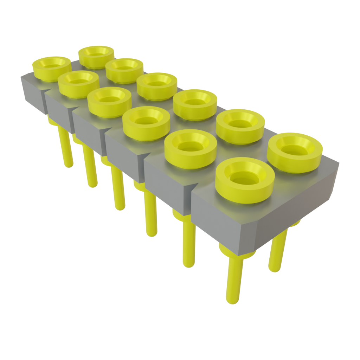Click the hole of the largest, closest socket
coord(245,179)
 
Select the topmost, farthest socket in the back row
coord(96,56)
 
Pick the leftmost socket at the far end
coord(51,68)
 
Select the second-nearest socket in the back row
coord(240,125)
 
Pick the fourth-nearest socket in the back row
coord(157,85)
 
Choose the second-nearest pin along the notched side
coord(189,243)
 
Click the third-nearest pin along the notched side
coord(150,214)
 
